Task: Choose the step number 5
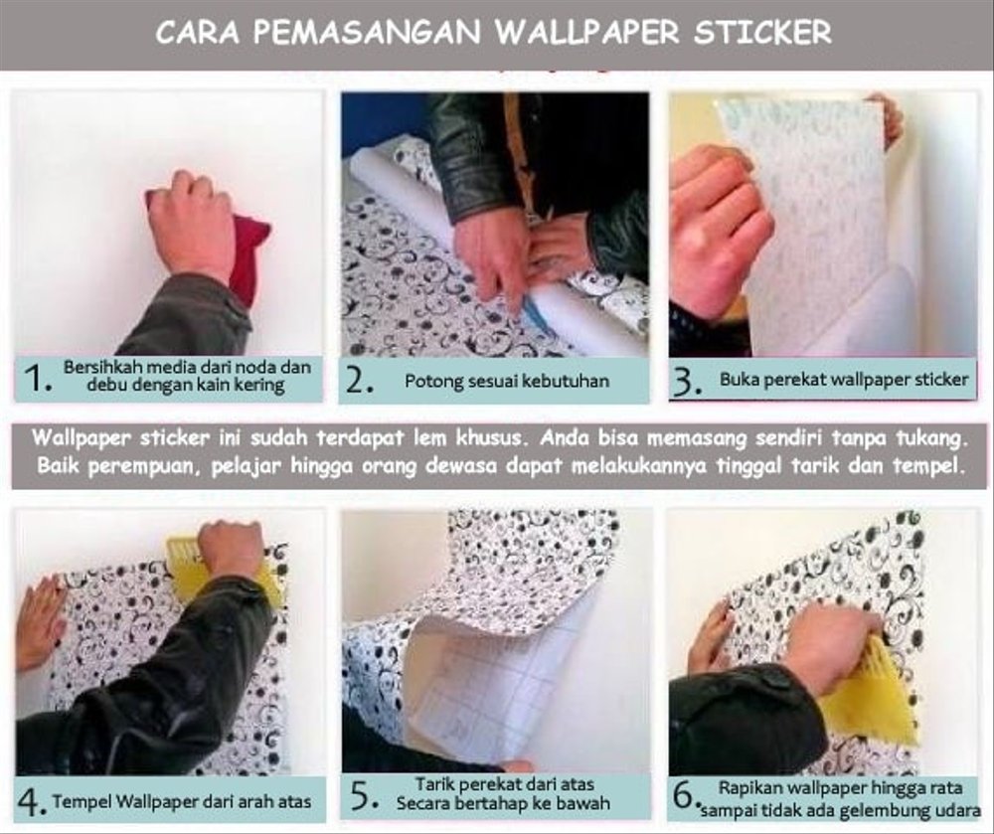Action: click(x=364, y=797)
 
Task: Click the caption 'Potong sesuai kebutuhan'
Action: click(x=506, y=381)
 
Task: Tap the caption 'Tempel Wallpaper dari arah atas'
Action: click(x=182, y=801)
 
